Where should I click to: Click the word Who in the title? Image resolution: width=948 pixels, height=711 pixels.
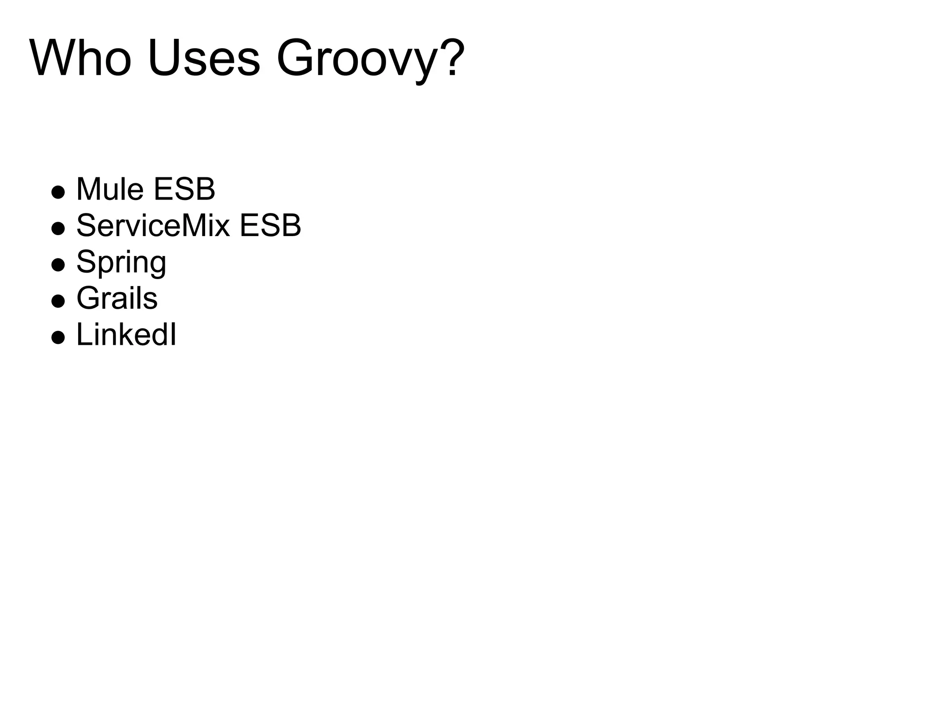[x=81, y=59]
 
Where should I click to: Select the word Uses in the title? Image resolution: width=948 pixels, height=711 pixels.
[x=204, y=59]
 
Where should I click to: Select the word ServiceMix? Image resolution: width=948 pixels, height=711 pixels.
[x=153, y=225]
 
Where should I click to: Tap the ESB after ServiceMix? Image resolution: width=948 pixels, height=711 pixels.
[x=270, y=225]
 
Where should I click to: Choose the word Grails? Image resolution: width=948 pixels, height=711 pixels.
[x=117, y=298]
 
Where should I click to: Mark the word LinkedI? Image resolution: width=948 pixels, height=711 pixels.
[x=126, y=334]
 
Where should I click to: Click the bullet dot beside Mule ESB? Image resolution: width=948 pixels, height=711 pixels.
[x=58, y=192]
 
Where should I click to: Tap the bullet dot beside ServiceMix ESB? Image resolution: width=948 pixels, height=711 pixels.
[x=58, y=228]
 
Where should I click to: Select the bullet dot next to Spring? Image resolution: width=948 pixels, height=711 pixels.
[x=58, y=265]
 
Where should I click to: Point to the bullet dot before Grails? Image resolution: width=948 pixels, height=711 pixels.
[x=58, y=301]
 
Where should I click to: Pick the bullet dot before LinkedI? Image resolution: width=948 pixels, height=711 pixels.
[x=58, y=337]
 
